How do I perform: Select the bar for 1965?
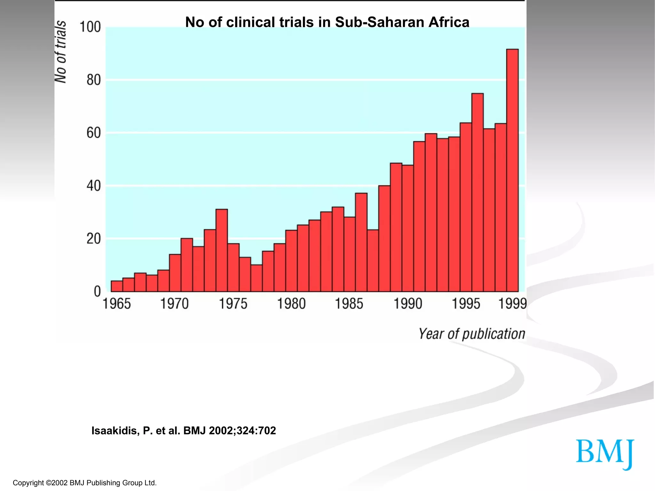pos(117,286)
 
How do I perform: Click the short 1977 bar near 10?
pos(256,278)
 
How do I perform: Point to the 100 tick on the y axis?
pos(90,27)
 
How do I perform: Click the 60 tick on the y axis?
pos(93,133)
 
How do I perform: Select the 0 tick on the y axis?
pos(97,292)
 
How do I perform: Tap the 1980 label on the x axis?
pos(291,304)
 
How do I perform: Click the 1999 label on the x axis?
pos(512,304)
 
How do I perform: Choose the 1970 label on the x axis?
pos(174,304)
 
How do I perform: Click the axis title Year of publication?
pos(472,334)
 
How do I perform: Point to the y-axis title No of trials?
pos(61,52)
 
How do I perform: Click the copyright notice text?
pos(85,483)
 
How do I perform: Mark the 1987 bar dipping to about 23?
pos(373,261)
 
